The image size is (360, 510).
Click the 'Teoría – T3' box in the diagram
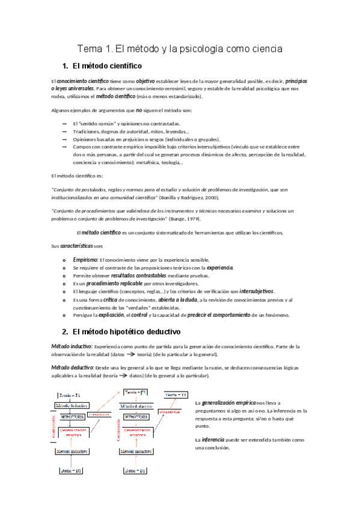180,395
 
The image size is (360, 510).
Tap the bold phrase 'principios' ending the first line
301,81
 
